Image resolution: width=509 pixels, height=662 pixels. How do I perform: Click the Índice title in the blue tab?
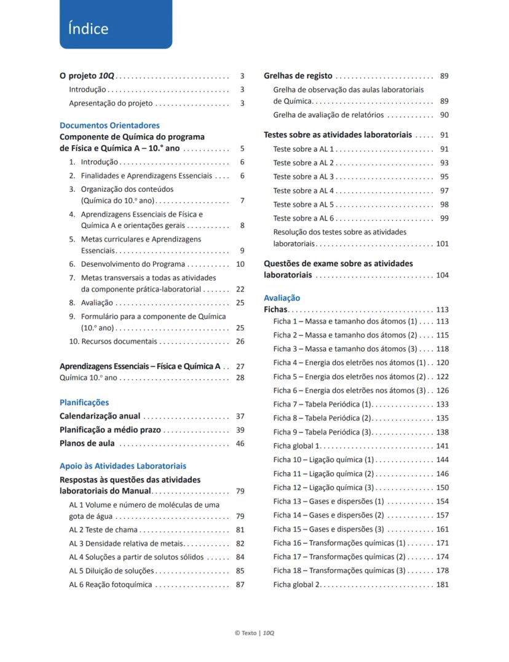(89, 29)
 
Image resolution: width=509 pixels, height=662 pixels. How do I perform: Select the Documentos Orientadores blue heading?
(109, 125)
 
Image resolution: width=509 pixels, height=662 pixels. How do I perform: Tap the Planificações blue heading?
(84, 403)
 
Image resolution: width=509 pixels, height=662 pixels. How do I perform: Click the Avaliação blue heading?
(282, 298)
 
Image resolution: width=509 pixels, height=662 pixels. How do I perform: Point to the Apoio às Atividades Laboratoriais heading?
(123, 466)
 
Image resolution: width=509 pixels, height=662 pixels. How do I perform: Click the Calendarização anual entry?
(100, 416)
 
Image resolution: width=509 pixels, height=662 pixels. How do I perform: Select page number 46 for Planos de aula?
(240, 444)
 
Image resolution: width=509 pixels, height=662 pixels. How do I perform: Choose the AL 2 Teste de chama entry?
(103, 530)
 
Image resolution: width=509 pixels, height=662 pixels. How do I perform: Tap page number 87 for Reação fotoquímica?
(240, 585)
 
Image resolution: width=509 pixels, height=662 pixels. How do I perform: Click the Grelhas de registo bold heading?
(298, 76)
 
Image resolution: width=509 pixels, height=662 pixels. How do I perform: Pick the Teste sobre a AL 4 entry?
(304, 191)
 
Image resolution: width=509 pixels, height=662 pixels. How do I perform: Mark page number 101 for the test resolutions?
(442, 244)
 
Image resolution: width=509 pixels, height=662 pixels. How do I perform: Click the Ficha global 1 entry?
(297, 446)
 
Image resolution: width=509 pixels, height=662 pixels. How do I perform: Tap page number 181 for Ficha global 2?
(442, 585)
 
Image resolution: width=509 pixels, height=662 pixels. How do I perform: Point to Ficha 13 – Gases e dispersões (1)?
(328, 502)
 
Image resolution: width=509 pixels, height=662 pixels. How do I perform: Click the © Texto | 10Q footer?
(254, 633)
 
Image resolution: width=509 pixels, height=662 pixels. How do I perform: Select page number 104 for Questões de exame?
(442, 275)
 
